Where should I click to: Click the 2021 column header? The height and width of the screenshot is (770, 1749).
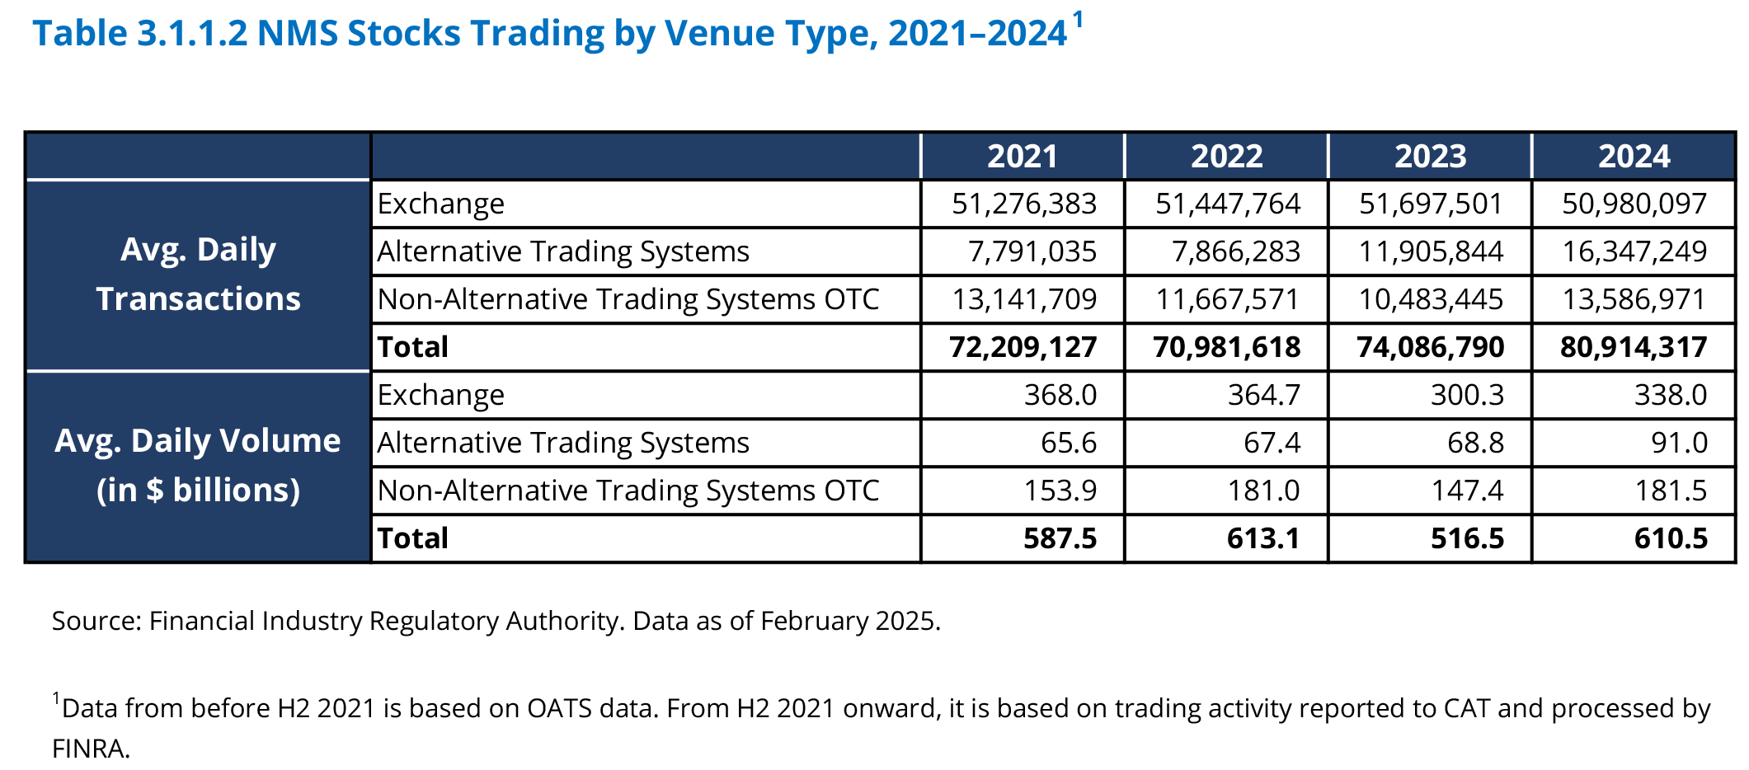pos(1023,157)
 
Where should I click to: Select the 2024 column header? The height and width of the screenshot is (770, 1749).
pos(1634,157)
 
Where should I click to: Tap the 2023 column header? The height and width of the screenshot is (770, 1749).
pos(1430,157)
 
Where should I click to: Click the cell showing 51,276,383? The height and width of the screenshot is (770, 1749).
pos(1024,204)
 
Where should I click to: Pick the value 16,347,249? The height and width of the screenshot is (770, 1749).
pos(1634,251)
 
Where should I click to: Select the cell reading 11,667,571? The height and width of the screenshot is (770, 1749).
pos(1227,299)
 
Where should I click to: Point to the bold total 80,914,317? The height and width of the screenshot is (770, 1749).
pos(1634,347)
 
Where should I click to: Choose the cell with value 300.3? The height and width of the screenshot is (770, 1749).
pos(1467,395)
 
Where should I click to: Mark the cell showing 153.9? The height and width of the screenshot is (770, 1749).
pos(1060,491)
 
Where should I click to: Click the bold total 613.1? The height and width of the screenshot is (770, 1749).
pos(1263,538)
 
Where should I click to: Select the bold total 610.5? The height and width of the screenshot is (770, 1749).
pos(1671,538)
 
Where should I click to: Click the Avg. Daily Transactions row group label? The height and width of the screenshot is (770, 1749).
pos(198,275)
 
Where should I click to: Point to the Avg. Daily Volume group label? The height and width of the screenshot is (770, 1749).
pos(198,465)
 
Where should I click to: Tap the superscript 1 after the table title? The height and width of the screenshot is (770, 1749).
pos(1078,20)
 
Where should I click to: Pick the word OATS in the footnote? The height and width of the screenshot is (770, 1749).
pos(559,708)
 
